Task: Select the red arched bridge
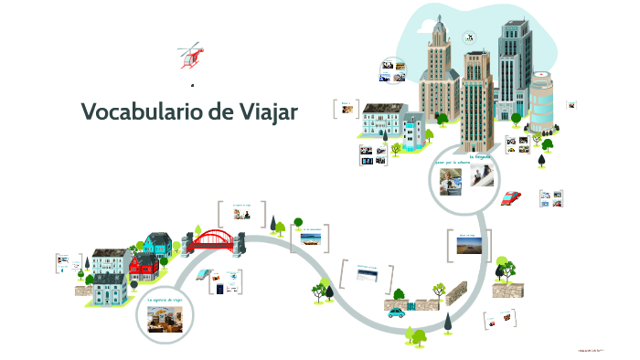[219, 240]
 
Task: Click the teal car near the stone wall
[396, 311]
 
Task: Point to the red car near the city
[512, 196]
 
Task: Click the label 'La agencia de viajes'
[165, 300]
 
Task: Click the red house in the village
[144, 266]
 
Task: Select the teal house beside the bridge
[158, 243]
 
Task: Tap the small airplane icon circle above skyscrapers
[469, 37]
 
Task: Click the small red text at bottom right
[592, 349]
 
